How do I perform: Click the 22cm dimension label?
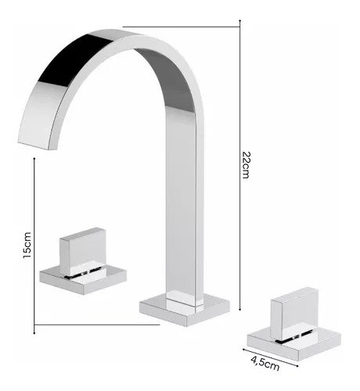pos(246,165)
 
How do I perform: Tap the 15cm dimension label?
pos(27,245)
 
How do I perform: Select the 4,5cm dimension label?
pos(265,364)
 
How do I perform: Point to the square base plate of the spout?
pos(185,310)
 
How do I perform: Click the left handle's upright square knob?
pos(83,251)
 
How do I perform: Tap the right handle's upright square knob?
pos(294,313)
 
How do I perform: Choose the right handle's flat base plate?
pos(294,343)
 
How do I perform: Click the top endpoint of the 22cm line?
pos(240,20)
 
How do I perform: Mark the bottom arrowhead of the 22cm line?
pos(240,310)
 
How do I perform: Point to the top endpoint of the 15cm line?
pos(34,158)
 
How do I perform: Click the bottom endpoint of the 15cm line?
pos(34,333)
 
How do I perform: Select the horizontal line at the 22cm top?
pos(182,27)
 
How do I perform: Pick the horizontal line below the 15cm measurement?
pos(97,325)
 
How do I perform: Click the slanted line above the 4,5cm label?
pos(270,357)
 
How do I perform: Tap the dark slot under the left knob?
pos(83,273)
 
